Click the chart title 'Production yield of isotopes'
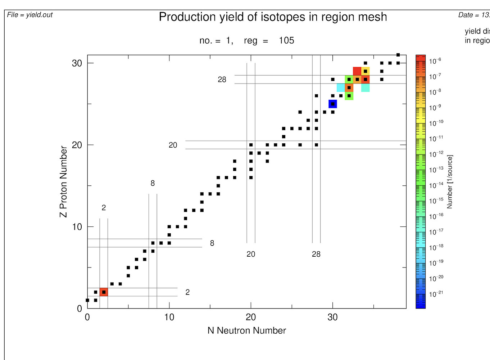(273, 17)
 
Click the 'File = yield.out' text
(30, 15)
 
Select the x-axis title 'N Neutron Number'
(246, 330)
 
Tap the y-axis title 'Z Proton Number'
(63, 181)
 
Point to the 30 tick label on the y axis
(77, 63)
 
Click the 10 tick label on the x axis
(169, 317)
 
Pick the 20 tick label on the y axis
(77, 145)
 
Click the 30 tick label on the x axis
(332, 317)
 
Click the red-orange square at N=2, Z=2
(104, 292)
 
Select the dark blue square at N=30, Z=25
(333, 104)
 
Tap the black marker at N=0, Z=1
(87, 300)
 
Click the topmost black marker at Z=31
(398, 55)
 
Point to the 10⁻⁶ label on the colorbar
(435, 61)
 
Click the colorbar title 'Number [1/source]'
(450, 181)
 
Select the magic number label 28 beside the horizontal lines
(222, 80)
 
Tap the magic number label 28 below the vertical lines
(316, 254)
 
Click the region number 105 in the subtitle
(286, 40)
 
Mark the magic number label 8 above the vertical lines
(153, 183)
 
